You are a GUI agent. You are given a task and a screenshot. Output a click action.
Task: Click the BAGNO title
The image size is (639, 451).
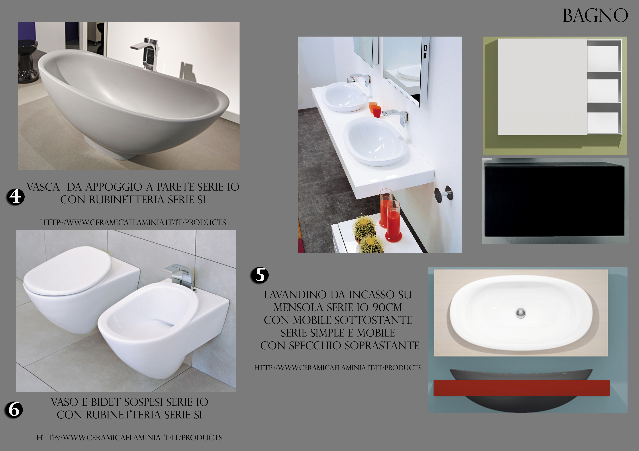point(595,16)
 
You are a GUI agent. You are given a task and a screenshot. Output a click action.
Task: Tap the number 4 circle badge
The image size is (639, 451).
point(16,197)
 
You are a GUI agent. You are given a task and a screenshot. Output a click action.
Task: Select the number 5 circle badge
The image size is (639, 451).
point(260,275)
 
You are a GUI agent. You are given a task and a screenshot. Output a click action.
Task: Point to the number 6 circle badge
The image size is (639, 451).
point(14,410)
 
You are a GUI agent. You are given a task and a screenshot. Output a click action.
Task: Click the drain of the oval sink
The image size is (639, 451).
point(520,313)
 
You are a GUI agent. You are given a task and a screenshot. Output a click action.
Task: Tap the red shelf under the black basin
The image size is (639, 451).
point(522,388)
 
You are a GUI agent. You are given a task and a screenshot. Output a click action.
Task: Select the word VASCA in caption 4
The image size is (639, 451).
point(43,187)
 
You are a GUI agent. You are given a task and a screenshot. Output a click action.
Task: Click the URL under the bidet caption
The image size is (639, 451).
point(129,438)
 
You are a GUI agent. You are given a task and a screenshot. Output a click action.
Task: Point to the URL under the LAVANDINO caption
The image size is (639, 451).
point(338,368)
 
